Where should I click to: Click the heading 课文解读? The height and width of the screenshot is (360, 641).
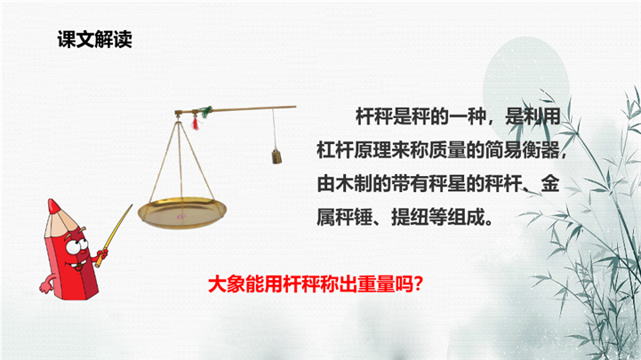tap(95, 40)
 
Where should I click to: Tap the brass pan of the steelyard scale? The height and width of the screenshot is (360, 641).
tap(182, 212)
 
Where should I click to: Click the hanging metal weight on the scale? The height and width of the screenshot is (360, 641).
tap(276, 156)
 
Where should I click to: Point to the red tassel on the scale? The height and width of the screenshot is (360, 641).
tap(196, 123)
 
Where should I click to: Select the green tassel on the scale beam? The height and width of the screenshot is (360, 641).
tap(206, 111)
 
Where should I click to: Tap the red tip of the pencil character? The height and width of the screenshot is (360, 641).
tap(53, 207)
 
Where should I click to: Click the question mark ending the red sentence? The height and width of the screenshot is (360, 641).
tap(418, 284)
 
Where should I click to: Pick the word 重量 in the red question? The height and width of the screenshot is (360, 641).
tap(376, 284)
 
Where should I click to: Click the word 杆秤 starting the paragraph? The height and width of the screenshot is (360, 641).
tap(373, 117)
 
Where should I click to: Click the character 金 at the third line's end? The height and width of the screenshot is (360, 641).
tap(550, 185)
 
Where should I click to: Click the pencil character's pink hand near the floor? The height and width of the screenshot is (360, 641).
tap(45, 287)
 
